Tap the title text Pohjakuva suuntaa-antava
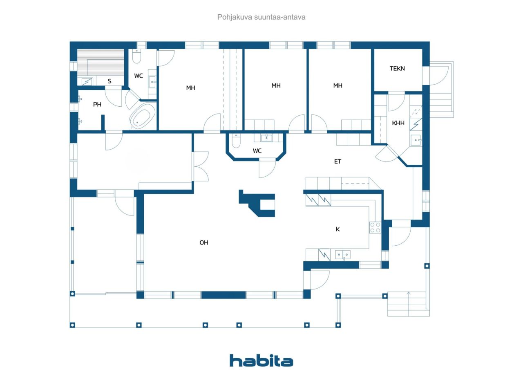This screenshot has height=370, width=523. point(261,17)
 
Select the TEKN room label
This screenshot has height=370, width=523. point(397,68)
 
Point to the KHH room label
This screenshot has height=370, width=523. point(398,123)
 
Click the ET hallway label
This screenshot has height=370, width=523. point(337,161)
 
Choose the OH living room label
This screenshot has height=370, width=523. point(204,243)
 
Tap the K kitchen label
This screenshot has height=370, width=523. point(337,229)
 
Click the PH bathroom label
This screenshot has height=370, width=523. point(97,104)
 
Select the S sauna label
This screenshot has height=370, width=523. point(110,81)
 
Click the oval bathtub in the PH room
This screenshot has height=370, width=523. point(143,117)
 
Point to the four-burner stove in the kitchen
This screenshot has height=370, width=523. point(375,227)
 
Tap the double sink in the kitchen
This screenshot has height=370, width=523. point(343,255)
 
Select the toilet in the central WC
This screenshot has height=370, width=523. point(236,141)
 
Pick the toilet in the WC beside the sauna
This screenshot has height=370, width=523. point(136,56)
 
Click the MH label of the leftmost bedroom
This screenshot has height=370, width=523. point(190,88)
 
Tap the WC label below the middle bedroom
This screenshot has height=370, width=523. point(257,151)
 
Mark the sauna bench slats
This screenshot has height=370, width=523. point(101,63)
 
